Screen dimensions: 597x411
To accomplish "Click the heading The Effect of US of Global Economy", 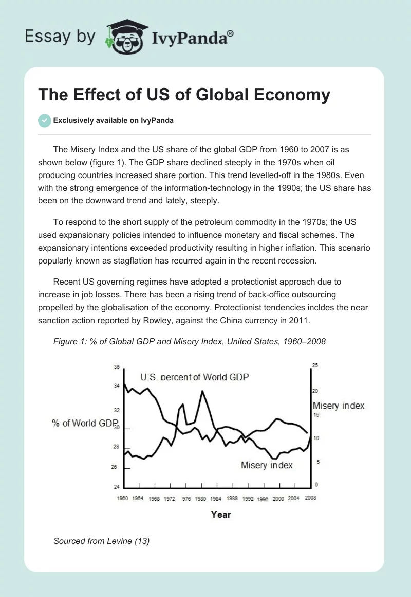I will click(x=184, y=95).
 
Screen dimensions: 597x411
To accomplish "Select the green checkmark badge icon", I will click(x=44, y=120).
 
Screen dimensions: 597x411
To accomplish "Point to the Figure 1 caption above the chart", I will click(x=190, y=341).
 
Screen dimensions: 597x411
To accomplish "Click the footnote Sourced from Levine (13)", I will click(x=101, y=541).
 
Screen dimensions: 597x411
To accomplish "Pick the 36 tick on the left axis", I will click(x=117, y=367).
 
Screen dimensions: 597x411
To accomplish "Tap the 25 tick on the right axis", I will click(x=315, y=365).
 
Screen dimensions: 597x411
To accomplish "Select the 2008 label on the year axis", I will click(x=310, y=498).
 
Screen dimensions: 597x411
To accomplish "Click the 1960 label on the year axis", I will click(x=123, y=498).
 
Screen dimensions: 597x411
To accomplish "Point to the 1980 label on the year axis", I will click(x=200, y=498).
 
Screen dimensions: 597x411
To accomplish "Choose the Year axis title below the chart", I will click(x=221, y=514).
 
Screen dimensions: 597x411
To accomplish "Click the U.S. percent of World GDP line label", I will click(x=194, y=377).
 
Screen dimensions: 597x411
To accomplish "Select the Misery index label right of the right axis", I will click(x=339, y=406).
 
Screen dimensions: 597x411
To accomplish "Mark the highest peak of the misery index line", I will click(x=202, y=391).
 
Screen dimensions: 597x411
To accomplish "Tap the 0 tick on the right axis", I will click(x=316, y=485).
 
